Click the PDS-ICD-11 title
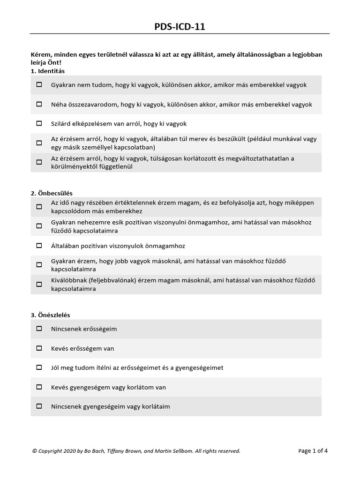180,27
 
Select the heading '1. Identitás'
48,71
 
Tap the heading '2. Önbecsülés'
52,193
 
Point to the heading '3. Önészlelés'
51,315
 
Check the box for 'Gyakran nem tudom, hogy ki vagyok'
39,85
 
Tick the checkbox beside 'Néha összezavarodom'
39,105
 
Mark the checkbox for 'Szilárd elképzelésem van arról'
39,124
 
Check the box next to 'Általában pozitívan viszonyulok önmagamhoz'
39,246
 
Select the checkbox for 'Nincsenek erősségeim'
39,329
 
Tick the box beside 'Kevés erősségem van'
39,349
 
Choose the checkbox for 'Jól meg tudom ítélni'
39,368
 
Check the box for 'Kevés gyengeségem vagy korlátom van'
39,388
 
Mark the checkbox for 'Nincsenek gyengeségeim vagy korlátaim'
39,407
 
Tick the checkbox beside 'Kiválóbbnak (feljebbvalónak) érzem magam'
39,285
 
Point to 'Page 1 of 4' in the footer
313,451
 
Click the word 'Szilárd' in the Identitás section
61,124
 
